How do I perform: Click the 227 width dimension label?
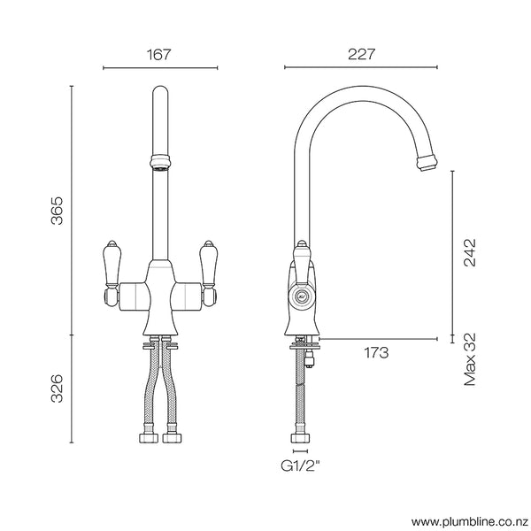pos(360,54)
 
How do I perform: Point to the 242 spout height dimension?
pos(469,252)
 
